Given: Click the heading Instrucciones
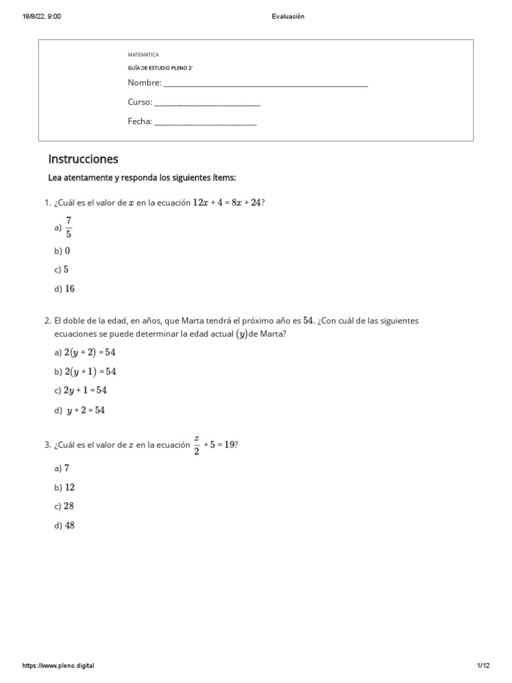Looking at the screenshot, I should [x=83, y=159].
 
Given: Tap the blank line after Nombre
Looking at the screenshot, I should [x=265, y=84].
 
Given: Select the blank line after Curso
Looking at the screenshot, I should [x=207, y=103].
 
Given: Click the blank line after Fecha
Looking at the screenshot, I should [x=205, y=123].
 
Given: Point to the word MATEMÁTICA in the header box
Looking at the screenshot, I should [x=143, y=55].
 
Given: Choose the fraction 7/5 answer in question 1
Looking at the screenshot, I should [x=69, y=227].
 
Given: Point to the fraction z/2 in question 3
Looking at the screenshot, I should [x=197, y=445].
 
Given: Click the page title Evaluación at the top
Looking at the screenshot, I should [x=288, y=17].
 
